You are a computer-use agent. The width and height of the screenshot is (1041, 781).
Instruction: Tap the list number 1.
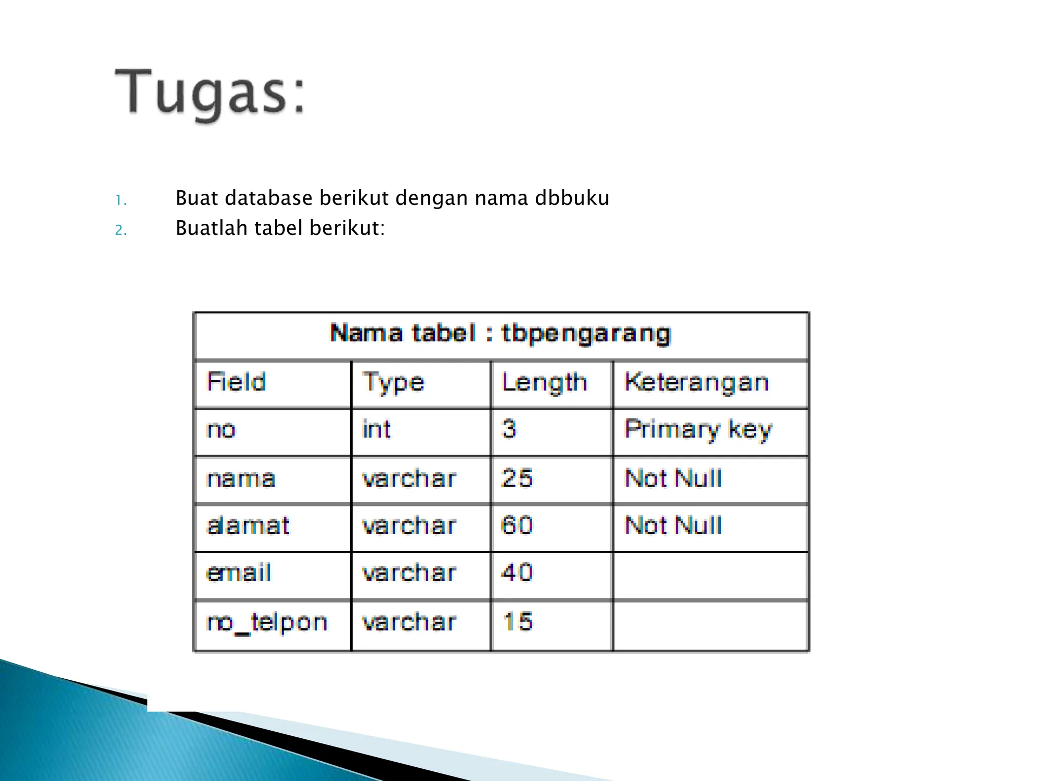pos(120,200)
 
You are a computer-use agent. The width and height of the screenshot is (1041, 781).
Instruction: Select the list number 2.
pos(120,230)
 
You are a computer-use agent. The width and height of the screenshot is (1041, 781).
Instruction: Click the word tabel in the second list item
pos(279,228)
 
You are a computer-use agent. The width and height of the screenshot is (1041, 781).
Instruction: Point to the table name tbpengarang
pos(586,334)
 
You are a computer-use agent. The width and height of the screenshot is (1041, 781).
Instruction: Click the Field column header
pos(237,382)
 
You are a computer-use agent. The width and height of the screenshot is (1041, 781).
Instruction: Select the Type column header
pos(393,383)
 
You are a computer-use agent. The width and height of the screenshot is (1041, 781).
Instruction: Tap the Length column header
pos(544,383)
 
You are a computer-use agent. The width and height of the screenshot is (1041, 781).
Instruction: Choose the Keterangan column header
pos(696,382)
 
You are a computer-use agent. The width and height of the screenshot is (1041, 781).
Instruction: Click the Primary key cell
pos(698,430)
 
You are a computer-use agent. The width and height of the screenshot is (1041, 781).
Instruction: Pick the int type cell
pos(376,430)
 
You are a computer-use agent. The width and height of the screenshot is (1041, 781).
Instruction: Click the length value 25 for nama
pos(517,478)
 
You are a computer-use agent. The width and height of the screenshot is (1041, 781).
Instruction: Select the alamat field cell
pos(248,526)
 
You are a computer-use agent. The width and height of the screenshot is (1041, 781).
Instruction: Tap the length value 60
pos(517,526)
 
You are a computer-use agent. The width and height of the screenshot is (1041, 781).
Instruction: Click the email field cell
pos(239,574)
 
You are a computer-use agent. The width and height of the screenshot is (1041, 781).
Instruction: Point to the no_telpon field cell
pos(267,622)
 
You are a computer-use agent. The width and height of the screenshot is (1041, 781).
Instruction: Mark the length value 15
pos(517,622)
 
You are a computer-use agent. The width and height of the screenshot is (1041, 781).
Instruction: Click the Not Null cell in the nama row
pos(673,478)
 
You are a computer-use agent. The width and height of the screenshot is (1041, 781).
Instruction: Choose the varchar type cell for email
pos(409,574)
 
